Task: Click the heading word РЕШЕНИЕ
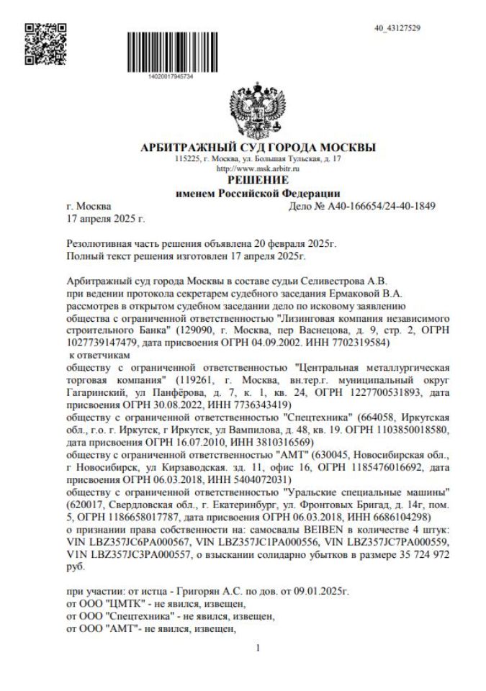258,179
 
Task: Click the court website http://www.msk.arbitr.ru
258,168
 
